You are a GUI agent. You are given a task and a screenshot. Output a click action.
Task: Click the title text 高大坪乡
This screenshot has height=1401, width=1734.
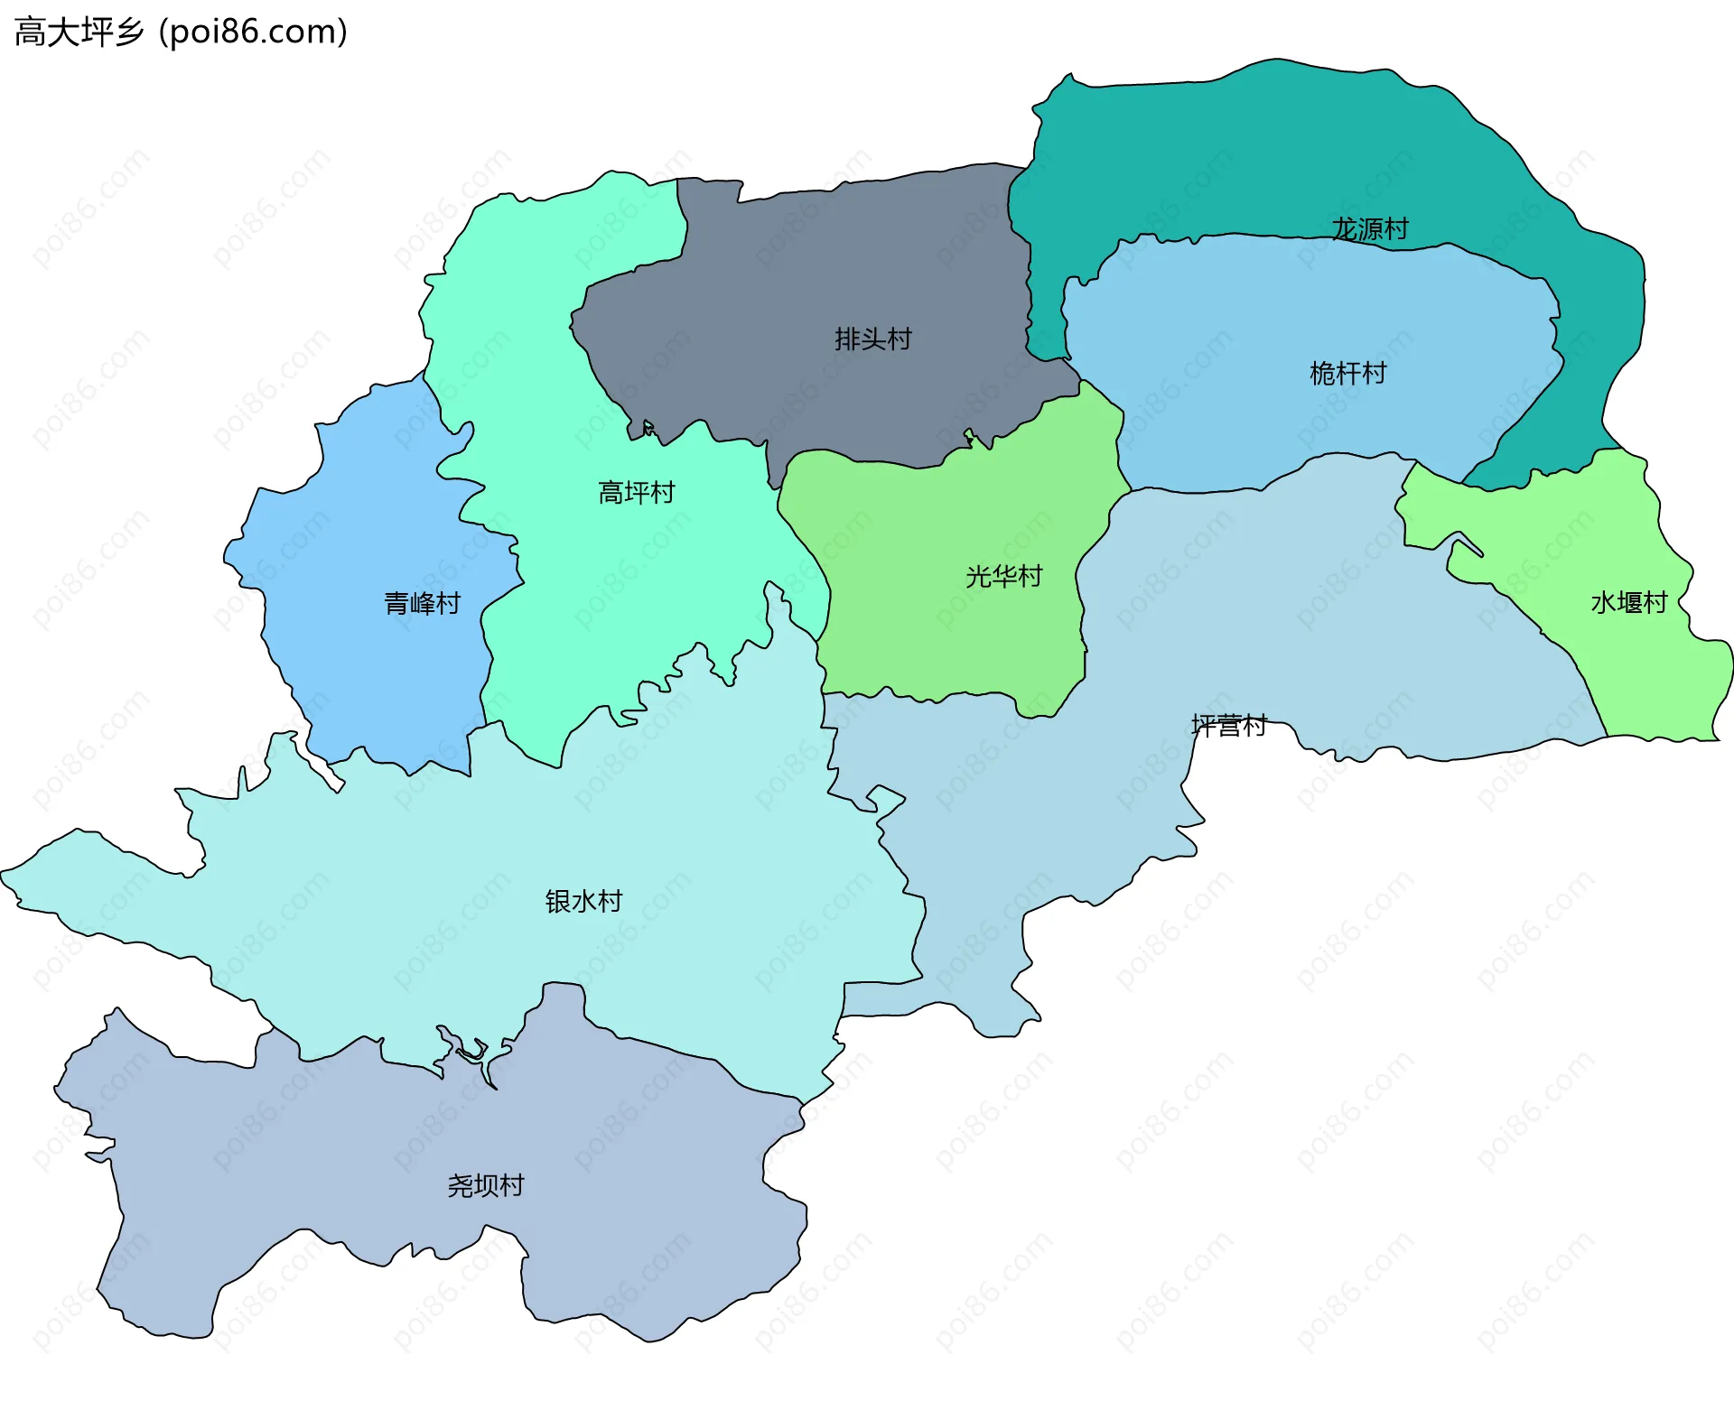tap(79, 32)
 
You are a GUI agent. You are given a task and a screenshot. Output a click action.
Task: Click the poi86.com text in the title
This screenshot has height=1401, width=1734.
tap(253, 32)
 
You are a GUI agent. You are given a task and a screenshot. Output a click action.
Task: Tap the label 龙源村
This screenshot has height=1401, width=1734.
tap(1370, 229)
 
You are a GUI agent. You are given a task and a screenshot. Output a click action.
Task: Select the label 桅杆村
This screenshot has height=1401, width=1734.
tap(1347, 374)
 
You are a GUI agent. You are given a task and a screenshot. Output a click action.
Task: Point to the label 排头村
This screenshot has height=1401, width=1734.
tap(872, 339)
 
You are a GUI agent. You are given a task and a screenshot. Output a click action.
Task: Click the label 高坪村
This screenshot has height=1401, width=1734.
tap(636, 493)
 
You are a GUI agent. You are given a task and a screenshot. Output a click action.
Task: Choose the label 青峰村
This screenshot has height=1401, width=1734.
tap(422, 603)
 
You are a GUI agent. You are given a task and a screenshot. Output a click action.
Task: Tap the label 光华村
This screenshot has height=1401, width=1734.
tap(1003, 576)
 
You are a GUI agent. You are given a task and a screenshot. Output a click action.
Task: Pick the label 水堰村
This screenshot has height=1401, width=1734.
tap(1628, 603)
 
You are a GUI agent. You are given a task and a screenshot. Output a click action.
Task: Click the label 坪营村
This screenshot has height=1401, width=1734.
tap(1228, 726)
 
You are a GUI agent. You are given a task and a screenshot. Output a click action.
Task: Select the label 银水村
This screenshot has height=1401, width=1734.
tap(583, 901)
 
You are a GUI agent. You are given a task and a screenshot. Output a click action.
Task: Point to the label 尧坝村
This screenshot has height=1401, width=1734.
tap(486, 1185)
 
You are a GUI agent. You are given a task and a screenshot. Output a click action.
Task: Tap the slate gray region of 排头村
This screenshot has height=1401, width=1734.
tap(813, 271)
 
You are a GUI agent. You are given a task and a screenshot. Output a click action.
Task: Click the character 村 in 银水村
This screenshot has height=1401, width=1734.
tap(610, 901)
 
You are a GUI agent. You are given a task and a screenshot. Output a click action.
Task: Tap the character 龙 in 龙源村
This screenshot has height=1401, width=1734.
tap(1345, 229)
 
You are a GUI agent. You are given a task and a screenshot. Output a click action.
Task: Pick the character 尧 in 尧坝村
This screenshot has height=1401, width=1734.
tap(461, 1185)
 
